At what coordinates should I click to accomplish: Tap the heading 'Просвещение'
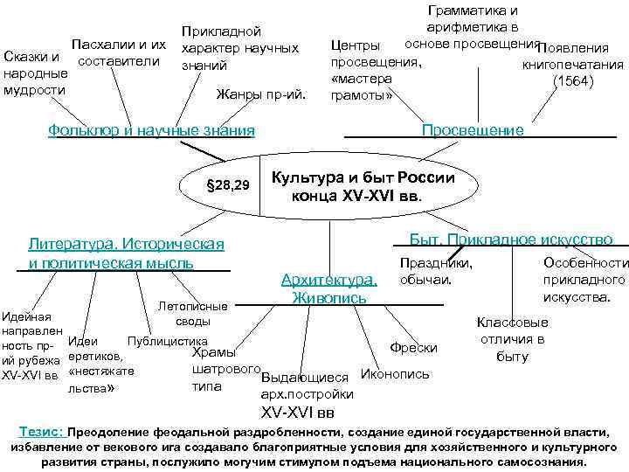473,130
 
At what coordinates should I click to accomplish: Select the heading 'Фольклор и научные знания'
152,130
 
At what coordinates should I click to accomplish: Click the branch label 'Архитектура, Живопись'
329,288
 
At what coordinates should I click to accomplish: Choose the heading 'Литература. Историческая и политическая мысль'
127,252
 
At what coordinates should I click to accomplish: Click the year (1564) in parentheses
572,81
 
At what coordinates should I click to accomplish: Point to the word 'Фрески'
413,347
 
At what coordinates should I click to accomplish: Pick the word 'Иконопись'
395,373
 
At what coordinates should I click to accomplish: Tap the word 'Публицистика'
168,340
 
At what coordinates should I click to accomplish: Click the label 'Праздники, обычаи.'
436,271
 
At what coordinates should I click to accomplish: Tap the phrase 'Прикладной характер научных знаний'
238,47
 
